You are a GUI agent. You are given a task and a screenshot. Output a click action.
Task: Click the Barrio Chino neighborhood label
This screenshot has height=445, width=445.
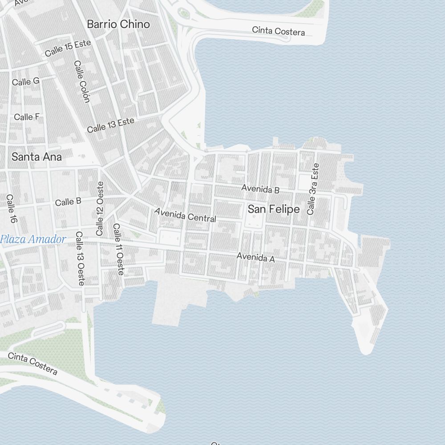coord(118,24)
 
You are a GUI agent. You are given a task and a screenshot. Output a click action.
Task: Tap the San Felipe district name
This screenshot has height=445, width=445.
coord(273,209)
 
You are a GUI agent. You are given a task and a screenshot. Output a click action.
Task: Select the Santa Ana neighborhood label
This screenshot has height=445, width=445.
coord(36,157)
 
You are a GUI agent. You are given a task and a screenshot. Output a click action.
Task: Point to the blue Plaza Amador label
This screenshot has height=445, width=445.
coord(33,239)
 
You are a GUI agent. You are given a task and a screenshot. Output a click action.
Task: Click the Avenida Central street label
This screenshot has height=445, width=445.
coord(185,214)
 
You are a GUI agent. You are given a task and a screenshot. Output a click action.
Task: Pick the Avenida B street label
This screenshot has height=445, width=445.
coord(260,189)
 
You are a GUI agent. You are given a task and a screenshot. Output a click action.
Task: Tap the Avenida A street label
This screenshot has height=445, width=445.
coord(255,257)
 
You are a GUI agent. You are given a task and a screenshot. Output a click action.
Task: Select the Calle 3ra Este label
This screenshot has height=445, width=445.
coord(313,189)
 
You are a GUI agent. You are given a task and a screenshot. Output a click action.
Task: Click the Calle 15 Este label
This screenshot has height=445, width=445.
coord(68,48)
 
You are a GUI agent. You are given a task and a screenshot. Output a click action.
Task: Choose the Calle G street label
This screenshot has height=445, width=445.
coord(26,81)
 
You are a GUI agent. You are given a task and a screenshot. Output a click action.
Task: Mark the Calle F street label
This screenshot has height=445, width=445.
coord(27,117)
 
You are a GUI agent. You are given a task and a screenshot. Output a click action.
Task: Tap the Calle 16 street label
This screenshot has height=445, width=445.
coord(11,209)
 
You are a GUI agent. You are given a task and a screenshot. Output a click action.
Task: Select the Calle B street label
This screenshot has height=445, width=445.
coord(68,202)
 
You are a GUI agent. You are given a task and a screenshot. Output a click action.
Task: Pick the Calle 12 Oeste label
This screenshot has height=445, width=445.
coord(100,208)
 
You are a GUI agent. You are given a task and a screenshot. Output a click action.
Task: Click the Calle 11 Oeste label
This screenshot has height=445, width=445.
coord(118,249)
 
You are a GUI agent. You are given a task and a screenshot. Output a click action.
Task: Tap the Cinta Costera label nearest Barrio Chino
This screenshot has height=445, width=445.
coord(279,31)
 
